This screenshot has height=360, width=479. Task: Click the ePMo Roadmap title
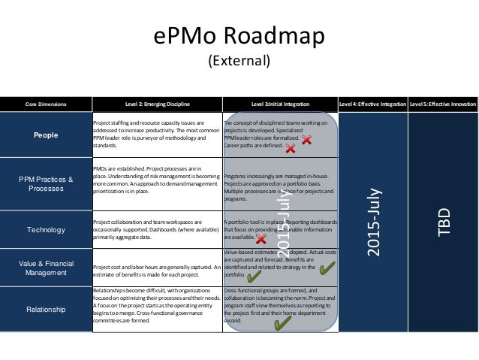click(x=239, y=37)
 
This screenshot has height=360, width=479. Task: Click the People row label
click(x=46, y=133)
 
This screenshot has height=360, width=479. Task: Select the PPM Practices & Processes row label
click(x=46, y=184)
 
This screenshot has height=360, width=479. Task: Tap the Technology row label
click(x=46, y=229)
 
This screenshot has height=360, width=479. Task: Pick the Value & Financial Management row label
click(x=46, y=267)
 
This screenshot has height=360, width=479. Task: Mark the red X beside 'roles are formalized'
click(x=307, y=140)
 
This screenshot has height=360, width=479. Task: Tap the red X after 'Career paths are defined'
click(x=290, y=149)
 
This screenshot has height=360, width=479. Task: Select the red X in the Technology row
click(x=261, y=238)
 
